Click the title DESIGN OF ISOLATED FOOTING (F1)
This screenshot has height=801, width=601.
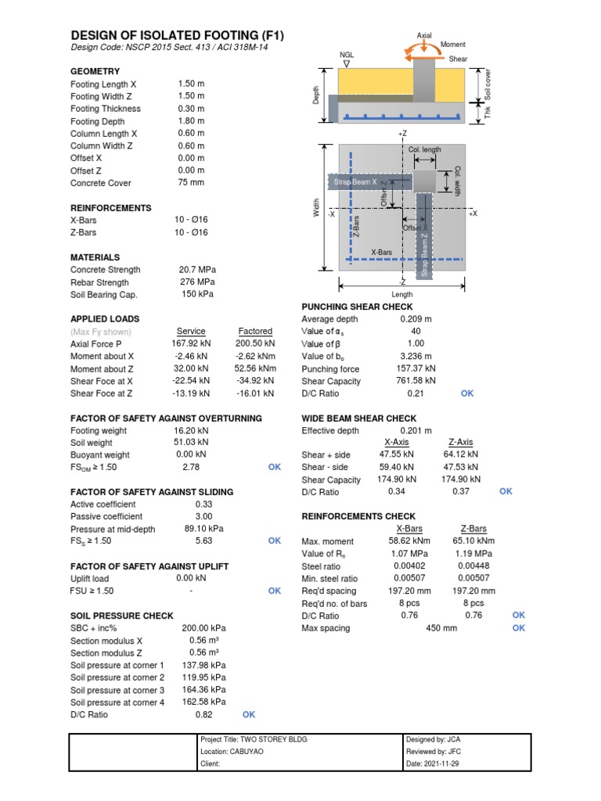[x=178, y=36]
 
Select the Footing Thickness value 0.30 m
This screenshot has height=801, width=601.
[x=191, y=109]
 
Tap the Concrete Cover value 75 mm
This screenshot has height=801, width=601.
[x=191, y=183]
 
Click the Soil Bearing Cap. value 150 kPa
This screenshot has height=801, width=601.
[x=196, y=294]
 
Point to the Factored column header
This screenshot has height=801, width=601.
[x=255, y=332]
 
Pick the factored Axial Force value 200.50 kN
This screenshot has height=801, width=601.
[x=255, y=343]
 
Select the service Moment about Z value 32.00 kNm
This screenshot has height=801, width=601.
[x=191, y=368]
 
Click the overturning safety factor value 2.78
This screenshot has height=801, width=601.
[x=190, y=467]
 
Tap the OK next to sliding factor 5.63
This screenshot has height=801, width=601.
[x=275, y=541]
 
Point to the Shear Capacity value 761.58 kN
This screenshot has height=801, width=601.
[x=416, y=381]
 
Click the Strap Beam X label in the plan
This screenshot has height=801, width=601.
[x=355, y=181]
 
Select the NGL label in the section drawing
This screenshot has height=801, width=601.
[x=346, y=56]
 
